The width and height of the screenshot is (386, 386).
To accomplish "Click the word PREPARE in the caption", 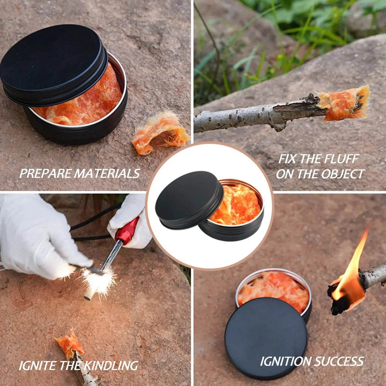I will (x=45, y=173).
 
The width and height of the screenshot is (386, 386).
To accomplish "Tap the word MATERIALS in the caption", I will (x=107, y=173).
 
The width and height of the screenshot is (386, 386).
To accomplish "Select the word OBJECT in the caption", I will (x=341, y=174).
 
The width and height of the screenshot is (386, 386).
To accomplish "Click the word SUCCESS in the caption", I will (x=339, y=361).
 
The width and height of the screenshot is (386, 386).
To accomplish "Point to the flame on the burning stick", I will (x=351, y=270).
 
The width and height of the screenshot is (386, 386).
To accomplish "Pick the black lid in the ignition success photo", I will (x=266, y=337).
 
